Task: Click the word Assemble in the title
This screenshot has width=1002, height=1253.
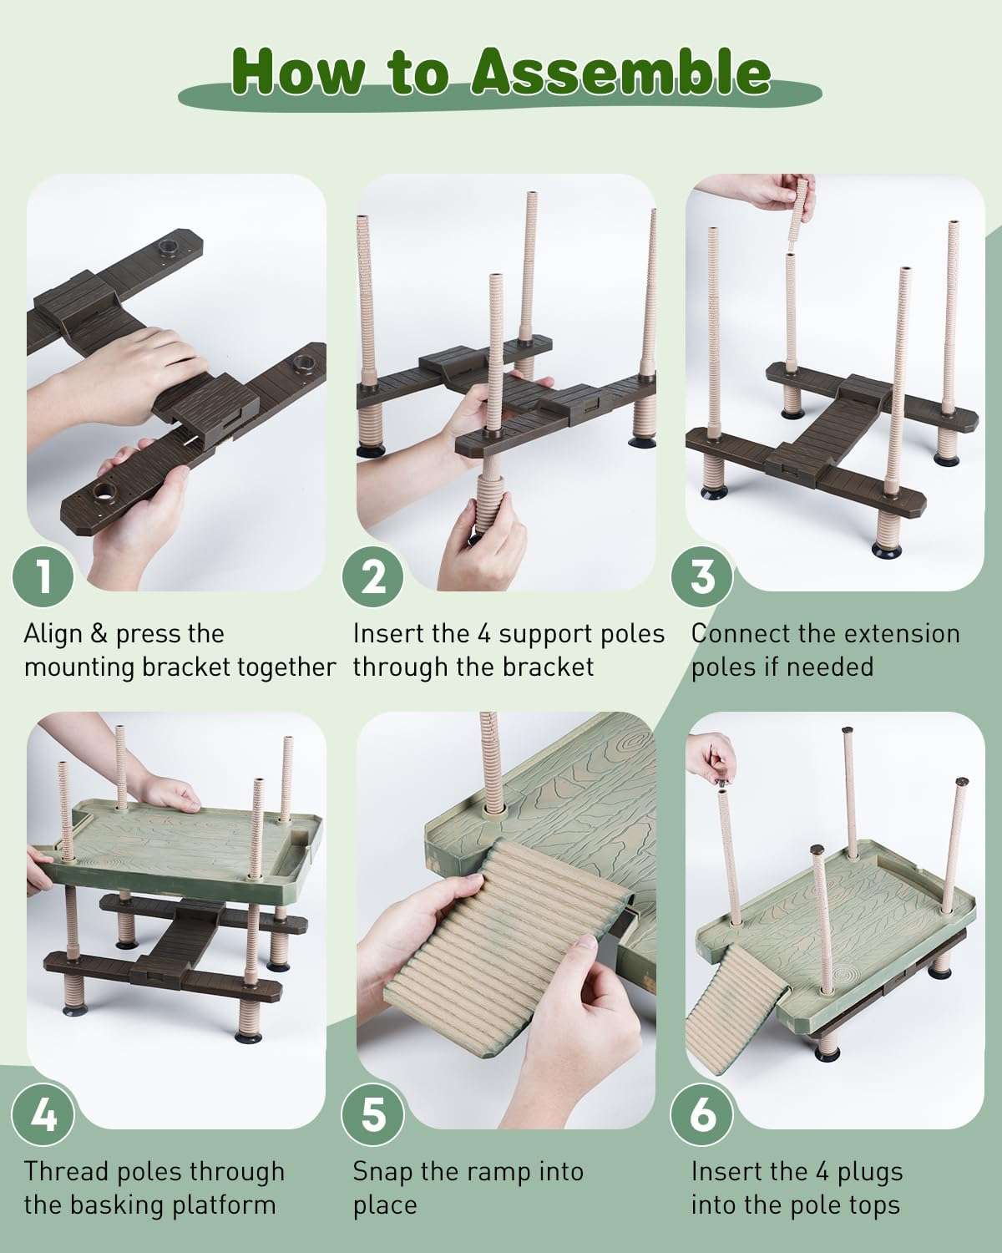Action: (x=621, y=72)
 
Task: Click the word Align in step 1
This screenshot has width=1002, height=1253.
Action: (x=53, y=634)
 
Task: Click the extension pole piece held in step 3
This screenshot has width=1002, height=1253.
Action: (x=802, y=207)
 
